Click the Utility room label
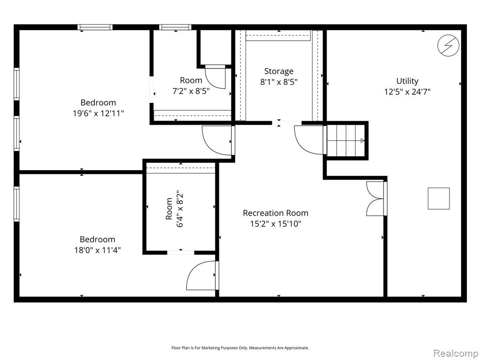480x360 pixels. [x=407, y=81]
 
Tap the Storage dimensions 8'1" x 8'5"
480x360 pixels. [x=278, y=82]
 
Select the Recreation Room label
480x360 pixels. [x=276, y=213]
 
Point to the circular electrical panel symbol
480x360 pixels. [x=448, y=46]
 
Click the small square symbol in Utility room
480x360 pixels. [x=439, y=198]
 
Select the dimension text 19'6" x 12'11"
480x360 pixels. [x=98, y=113]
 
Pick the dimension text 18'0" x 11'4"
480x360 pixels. [x=97, y=250]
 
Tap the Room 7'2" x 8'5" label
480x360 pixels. [x=191, y=86]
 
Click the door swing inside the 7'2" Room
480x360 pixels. [x=216, y=77]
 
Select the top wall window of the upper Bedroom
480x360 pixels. [x=95, y=27]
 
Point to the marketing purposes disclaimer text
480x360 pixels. [x=240, y=348]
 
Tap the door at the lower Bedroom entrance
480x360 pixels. [x=203, y=275]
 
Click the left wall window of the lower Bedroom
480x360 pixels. [x=16, y=204]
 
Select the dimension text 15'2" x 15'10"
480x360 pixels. [x=276, y=224]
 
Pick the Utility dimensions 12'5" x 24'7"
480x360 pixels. [x=407, y=92]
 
